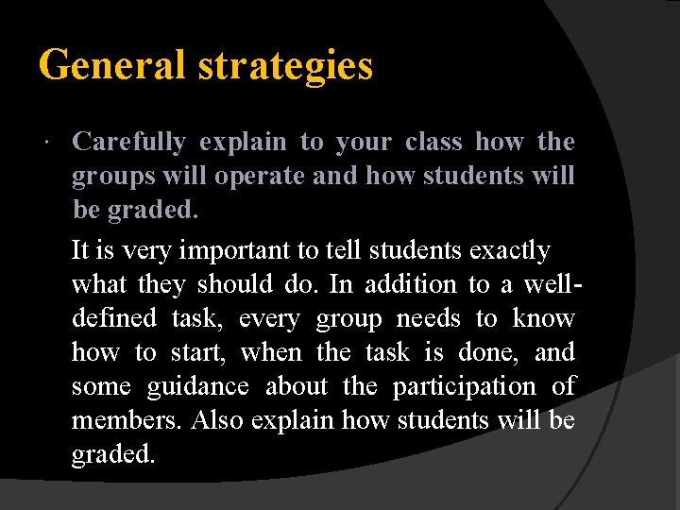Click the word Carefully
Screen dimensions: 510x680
click(129, 143)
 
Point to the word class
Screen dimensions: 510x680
click(433, 142)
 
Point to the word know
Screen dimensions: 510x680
click(543, 318)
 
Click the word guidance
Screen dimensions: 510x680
click(198, 387)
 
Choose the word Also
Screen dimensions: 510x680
click(215, 420)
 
